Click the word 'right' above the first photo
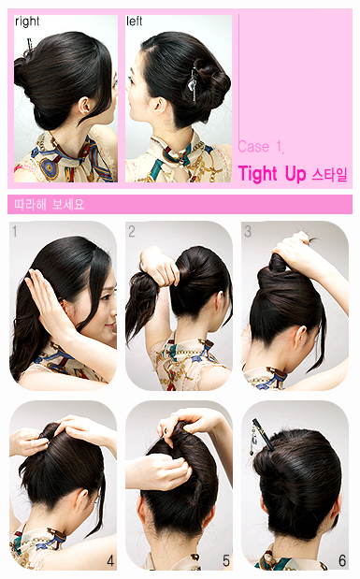click(27, 22)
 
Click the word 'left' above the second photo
click(134, 22)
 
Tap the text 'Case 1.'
click(261, 147)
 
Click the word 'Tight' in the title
click(257, 174)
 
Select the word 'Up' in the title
click(295, 175)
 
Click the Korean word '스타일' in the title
click(330, 175)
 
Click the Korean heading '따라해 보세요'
click(50, 205)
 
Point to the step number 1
click(15, 232)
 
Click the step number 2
click(132, 232)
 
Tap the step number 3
click(248, 232)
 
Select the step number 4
click(110, 561)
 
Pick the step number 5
click(226, 561)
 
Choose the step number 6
click(342, 561)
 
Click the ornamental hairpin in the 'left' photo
click(193, 84)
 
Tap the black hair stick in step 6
click(264, 435)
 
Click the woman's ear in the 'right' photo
click(85, 107)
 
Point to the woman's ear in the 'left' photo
click(160, 106)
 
